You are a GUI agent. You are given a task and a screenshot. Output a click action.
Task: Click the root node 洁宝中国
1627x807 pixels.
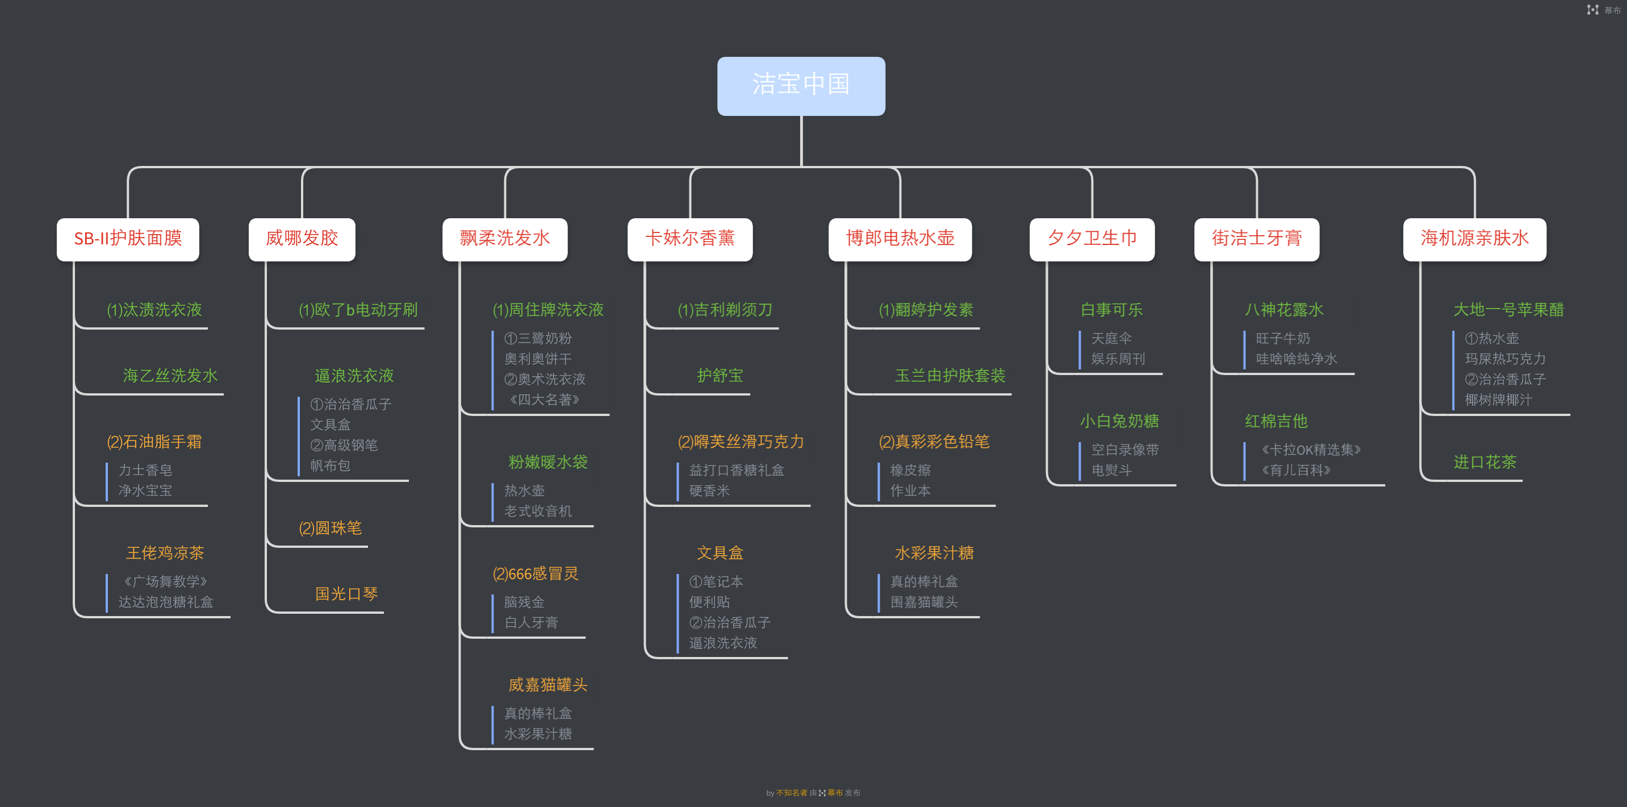(801, 86)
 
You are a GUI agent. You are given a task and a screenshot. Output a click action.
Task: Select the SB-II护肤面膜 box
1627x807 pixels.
(128, 239)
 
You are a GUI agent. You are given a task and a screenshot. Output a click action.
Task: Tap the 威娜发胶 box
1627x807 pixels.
(302, 239)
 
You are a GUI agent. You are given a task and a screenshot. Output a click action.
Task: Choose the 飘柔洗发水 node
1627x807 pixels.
(505, 239)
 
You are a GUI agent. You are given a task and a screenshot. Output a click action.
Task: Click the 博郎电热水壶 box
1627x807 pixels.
(900, 239)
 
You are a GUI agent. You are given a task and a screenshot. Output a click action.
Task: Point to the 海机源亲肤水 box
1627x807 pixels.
(1474, 239)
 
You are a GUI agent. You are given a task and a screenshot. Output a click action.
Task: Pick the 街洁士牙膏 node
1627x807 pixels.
(1257, 239)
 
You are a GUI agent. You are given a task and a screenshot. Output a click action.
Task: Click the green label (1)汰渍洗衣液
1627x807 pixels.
(154, 310)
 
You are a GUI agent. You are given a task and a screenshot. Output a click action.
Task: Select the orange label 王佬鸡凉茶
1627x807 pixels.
(165, 553)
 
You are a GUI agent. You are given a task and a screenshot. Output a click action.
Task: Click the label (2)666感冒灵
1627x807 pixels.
(536, 574)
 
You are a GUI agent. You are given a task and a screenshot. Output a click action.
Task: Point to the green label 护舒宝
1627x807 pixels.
(720, 376)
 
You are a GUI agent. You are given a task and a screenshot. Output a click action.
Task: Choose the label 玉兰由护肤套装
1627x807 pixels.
(950, 376)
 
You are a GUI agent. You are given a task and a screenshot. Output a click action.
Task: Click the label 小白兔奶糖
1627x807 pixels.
(1119, 421)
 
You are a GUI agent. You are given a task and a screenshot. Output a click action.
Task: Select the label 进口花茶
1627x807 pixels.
(1485, 462)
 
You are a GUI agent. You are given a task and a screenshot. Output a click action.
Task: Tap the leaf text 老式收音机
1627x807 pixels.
(537, 510)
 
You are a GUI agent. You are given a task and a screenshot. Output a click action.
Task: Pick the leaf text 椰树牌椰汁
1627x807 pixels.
(1498, 400)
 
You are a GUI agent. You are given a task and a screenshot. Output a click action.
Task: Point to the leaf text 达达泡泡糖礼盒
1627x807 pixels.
(165, 602)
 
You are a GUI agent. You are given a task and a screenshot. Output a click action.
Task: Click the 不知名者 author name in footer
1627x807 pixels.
(792, 792)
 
